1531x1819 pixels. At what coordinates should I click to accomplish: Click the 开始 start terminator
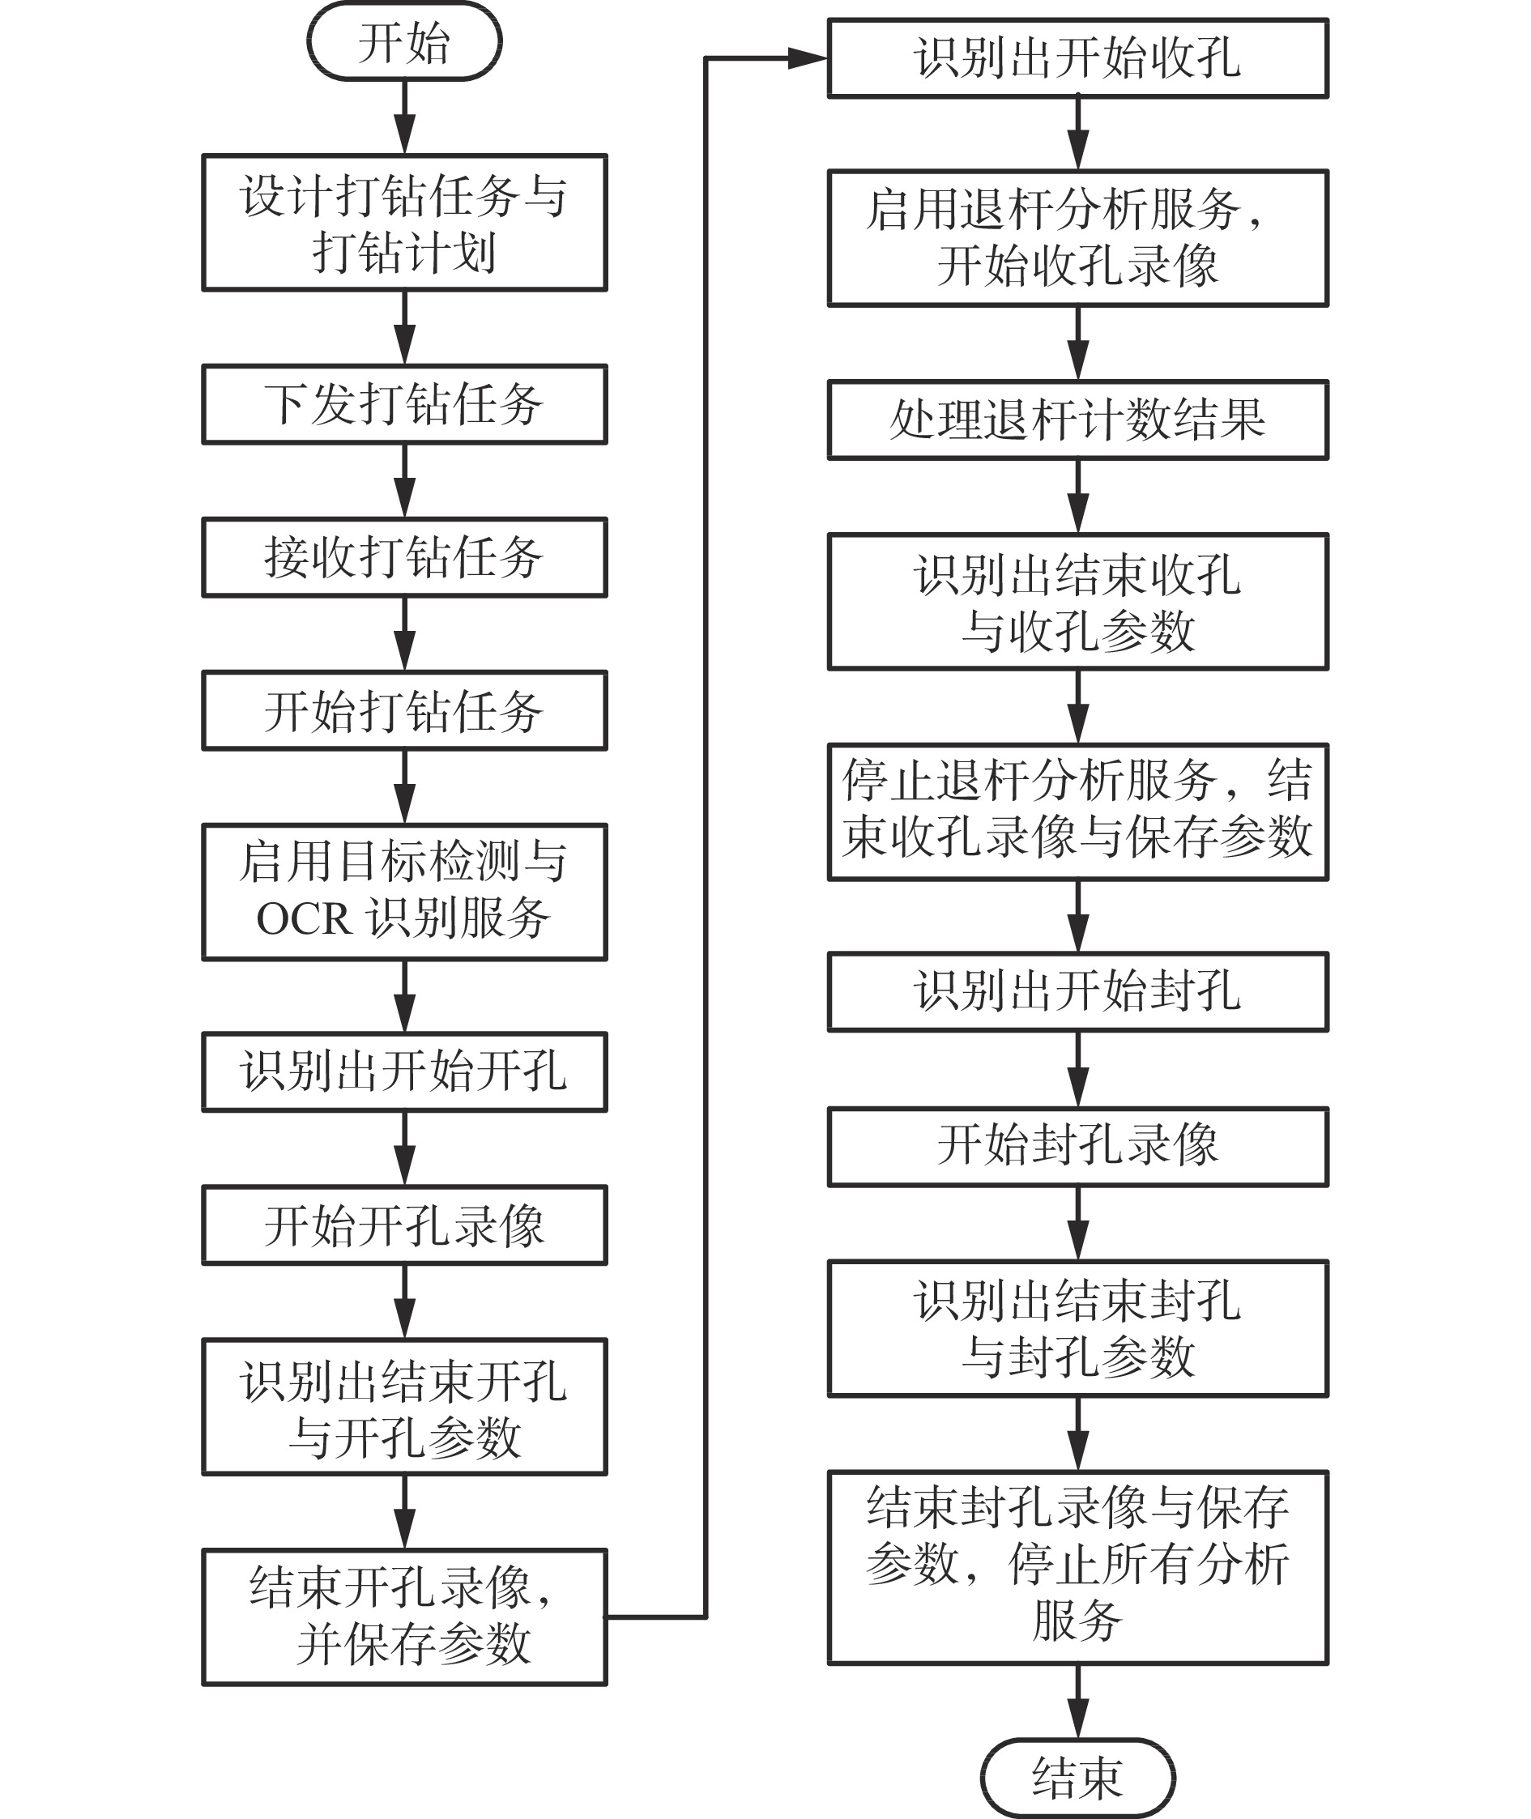404,41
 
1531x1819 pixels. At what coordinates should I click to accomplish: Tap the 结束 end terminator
1078,1778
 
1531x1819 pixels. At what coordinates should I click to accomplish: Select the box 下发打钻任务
404,404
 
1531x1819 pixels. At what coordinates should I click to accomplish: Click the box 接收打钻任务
404,557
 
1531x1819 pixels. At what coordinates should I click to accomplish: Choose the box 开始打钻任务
404,711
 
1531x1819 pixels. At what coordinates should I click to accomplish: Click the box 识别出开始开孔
404,1071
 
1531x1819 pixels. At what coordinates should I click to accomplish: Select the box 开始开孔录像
404,1225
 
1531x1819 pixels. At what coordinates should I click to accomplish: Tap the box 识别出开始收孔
1078,58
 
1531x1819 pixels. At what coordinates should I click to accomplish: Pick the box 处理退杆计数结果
1078,420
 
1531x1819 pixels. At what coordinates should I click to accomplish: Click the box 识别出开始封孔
1078,992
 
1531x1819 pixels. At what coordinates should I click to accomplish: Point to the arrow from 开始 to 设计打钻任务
404,117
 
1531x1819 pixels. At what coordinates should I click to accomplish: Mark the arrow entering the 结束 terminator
1078,1701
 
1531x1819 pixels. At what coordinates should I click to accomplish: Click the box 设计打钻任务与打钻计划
404,223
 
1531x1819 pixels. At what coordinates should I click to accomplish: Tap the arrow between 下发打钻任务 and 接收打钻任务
404,481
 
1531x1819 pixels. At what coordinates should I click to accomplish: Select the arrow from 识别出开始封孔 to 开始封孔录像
1078,1069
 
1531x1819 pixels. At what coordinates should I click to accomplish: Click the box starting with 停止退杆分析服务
1078,812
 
